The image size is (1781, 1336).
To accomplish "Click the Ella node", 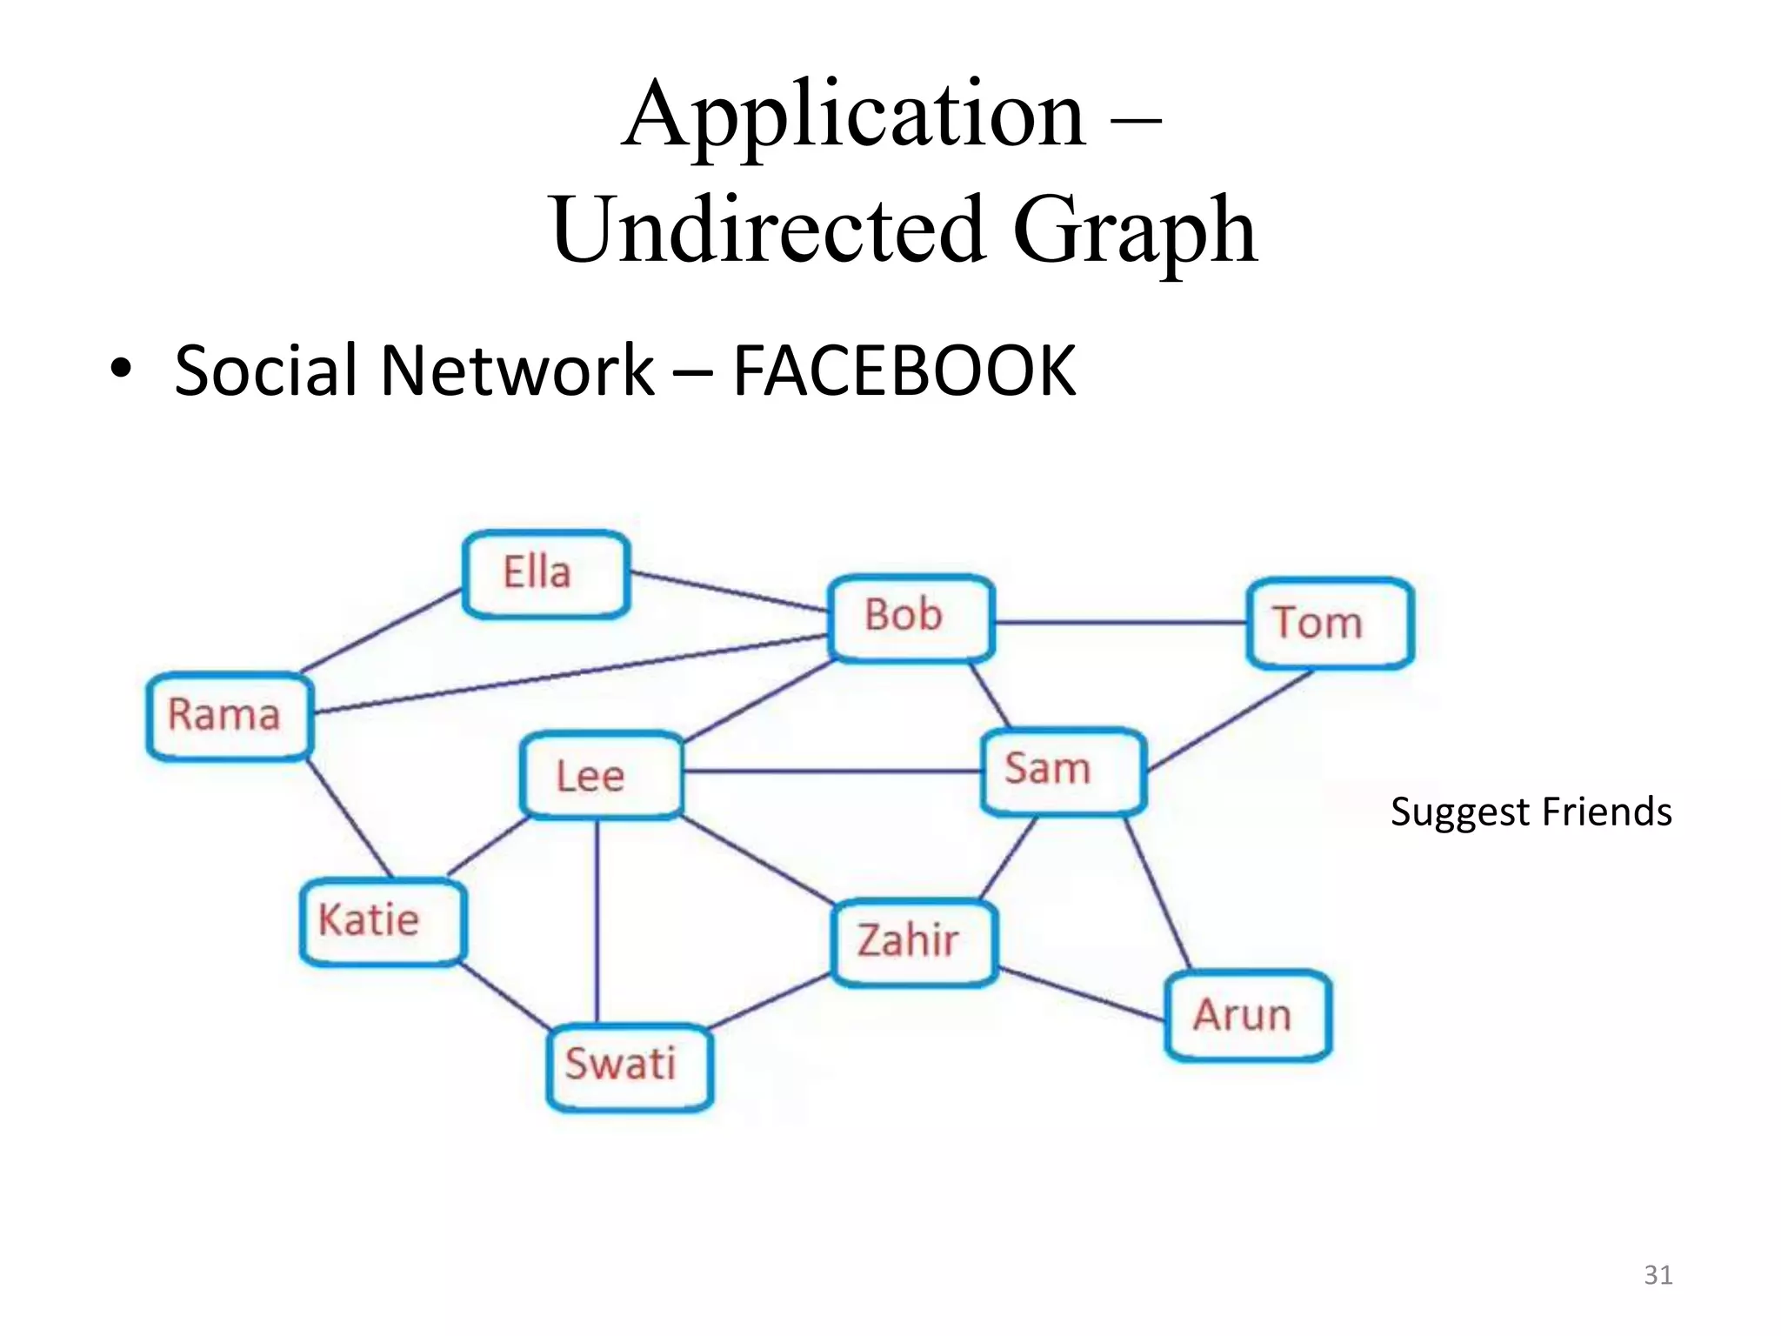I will (x=545, y=574).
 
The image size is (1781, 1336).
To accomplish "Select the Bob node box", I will (x=911, y=618).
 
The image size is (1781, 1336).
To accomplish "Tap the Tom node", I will (x=1329, y=624).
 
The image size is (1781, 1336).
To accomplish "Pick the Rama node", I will (x=229, y=716).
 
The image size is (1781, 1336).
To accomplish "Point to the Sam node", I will (x=1063, y=771).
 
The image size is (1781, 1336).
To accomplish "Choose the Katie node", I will (x=382, y=922).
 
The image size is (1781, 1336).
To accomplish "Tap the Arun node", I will (x=1247, y=1015).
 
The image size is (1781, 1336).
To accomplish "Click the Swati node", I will (x=629, y=1065).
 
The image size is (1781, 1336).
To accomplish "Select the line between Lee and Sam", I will (x=831, y=772).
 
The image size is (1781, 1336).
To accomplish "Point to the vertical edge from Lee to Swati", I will (x=597, y=922).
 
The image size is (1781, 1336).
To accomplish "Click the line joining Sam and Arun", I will (x=1157, y=893).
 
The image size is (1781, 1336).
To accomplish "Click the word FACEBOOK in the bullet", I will (x=904, y=371).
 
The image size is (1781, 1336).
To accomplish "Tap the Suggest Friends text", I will (x=1531, y=812).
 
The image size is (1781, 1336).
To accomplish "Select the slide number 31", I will (x=1658, y=1275).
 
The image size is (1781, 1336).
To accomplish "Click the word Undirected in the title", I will (x=768, y=230).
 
